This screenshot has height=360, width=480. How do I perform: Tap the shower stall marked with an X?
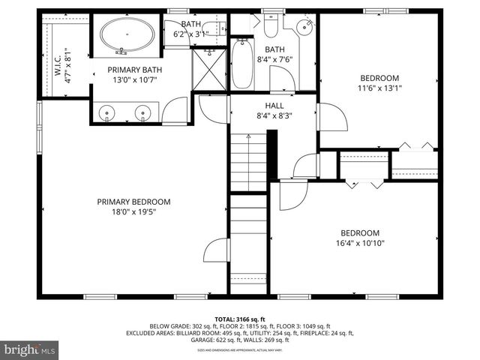click(x=210, y=70)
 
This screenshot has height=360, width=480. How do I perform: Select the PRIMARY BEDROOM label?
click(x=133, y=202)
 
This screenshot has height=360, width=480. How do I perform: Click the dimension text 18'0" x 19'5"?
click(x=133, y=212)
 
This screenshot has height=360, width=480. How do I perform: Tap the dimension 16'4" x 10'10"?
click(x=360, y=244)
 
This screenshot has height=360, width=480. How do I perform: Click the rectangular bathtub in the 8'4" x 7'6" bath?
click(x=242, y=64)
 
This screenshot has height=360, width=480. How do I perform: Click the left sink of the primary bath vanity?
click(x=109, y=112)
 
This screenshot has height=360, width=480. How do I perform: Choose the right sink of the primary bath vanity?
click(x=143, y=112)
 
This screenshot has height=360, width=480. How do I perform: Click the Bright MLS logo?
click(x=30, y=349)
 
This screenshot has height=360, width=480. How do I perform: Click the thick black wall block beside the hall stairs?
click(x=272, y=155)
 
